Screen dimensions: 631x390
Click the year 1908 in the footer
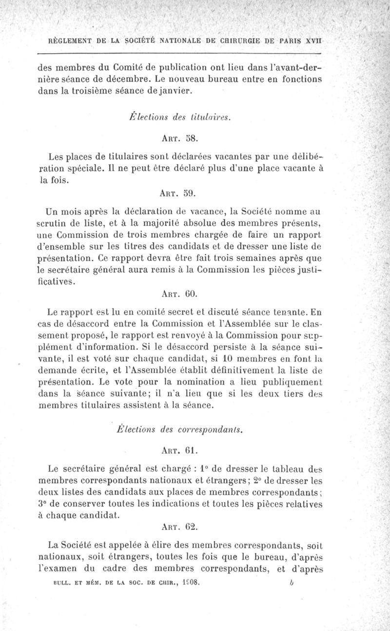[x=188, y=582]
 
